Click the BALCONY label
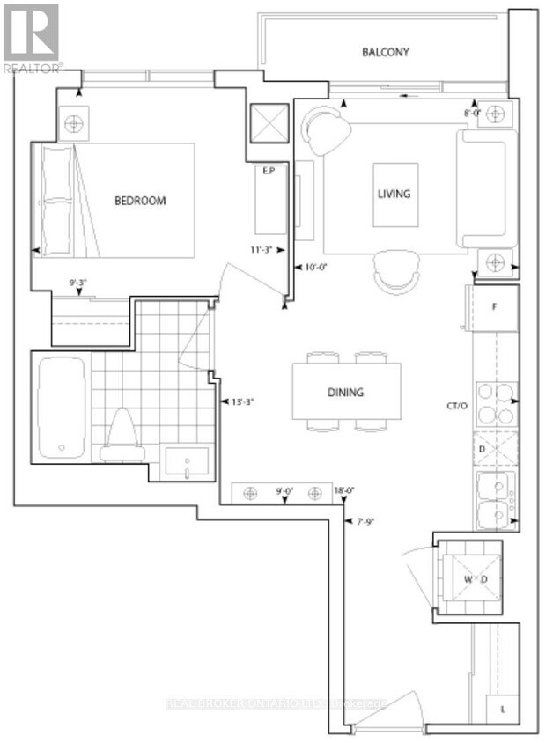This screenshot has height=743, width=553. [385, 52]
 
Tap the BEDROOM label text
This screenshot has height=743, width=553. [140, 201]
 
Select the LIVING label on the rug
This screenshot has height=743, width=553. [394, 194]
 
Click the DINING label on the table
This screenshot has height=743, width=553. [347, 393]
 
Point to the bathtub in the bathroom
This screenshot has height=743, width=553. [62, 407]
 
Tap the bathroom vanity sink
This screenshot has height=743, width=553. [188, 461]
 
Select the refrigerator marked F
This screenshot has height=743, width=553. [494, 308]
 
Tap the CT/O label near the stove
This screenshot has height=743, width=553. [456, 407]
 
